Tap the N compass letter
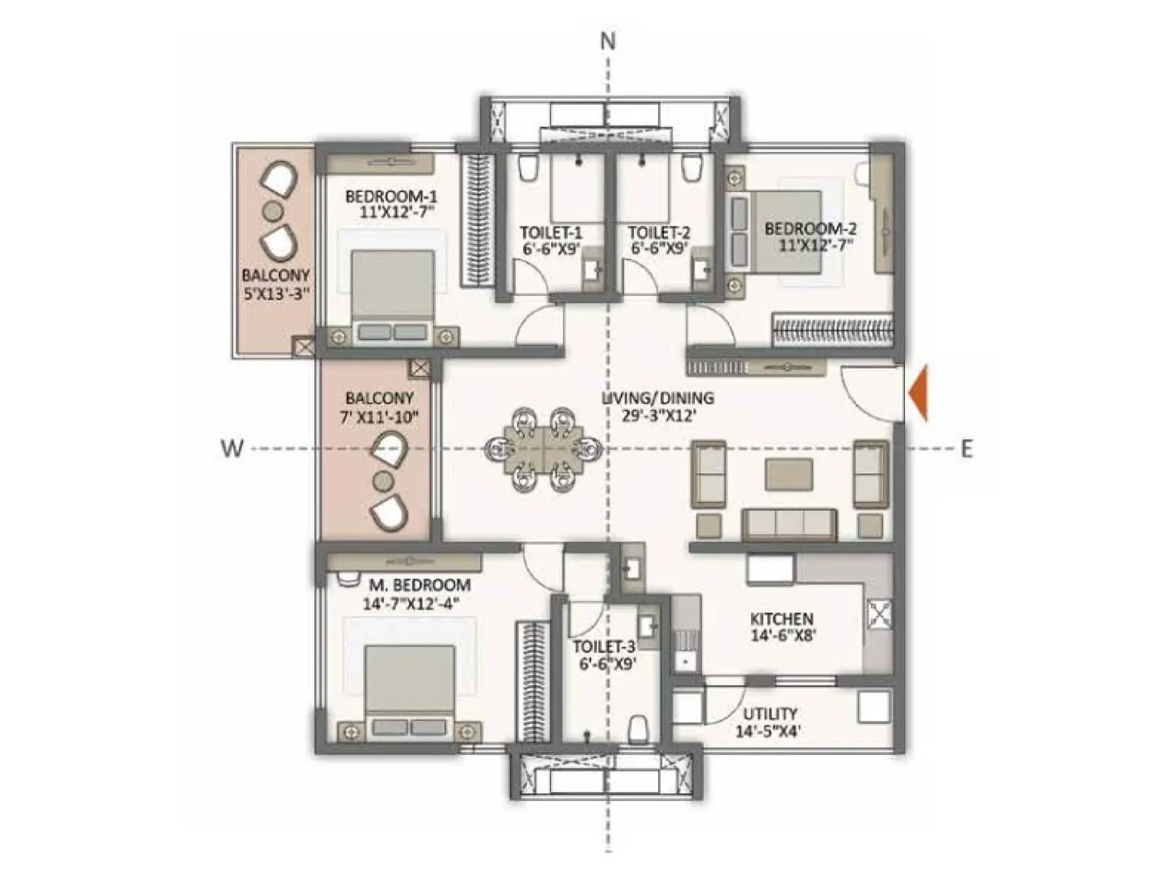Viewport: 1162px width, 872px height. pyautogui.click(x=608, y=41)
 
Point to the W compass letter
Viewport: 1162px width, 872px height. pyautogui.click(x=231, y=448)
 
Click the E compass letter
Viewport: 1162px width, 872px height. pyautogui.click(x=966, y=449)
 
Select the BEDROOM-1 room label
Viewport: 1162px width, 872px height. pyautogui.click(x=391, y=196)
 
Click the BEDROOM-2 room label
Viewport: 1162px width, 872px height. pyautogui.click(x=810, y=229)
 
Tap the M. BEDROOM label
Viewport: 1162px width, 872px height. pyautogui.click(x=419, y=585)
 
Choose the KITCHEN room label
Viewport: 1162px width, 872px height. pyautogui.click(x=781, y=619)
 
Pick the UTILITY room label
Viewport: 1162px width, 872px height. pyautogui.click(x=769, y=714)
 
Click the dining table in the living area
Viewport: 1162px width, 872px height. pyautogui.click(x=543, y=449)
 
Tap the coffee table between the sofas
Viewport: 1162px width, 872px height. pyautogui.click(x=789, y=475)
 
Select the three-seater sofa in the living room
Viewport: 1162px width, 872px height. pyautogui.click(x=789, y=523)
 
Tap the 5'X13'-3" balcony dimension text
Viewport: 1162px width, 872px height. pyautogui.click(x=275, y=294)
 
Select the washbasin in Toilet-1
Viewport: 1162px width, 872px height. pyautogui.click(x=593, y=269)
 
